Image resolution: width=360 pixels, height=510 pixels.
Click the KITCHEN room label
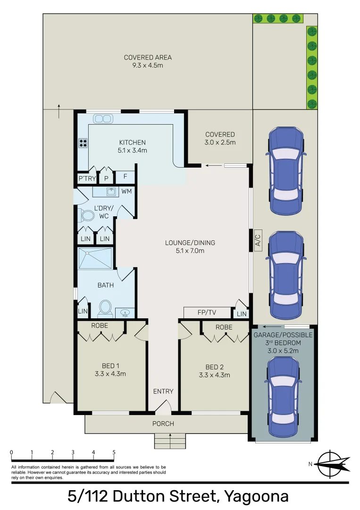coord(132,142)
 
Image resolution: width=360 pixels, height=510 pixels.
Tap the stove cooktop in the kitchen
coord(83,143)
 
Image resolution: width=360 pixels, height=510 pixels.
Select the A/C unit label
coord(258,240)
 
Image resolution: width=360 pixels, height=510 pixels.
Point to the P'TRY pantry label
coord(86,178)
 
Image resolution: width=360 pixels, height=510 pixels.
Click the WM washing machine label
coord(126,191)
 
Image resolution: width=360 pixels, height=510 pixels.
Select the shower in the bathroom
coord(96,258)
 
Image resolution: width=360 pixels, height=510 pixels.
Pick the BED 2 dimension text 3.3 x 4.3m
coord(214,375)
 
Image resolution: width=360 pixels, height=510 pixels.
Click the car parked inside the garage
coord(283,396)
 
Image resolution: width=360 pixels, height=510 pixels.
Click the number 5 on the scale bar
coord(114,452)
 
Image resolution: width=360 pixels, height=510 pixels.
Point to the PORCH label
coord(163,424)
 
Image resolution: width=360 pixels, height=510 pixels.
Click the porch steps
coord(170,442)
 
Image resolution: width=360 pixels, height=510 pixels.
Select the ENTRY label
coord(163,391)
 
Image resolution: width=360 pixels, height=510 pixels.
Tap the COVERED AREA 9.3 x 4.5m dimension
coord(148,66)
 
